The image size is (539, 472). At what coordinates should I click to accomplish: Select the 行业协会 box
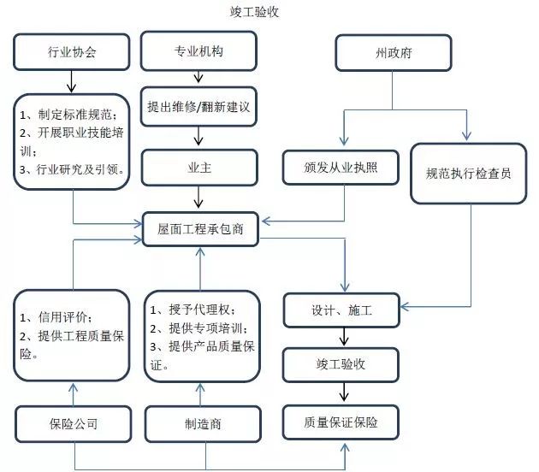[73, 52]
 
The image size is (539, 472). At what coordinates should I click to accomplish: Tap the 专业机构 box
[198, 51]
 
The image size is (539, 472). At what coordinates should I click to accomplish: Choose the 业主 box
[198, 168]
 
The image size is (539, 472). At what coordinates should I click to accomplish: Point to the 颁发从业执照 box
[341, 168]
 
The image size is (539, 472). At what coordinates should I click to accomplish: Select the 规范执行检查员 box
[468, 174]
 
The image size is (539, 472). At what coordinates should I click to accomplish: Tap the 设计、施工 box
[341, 310]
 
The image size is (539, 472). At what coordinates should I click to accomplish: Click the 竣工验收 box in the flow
[341, 364]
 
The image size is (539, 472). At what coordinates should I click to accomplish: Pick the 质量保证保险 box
[341, 422]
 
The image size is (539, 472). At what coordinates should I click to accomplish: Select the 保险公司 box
[73, 422]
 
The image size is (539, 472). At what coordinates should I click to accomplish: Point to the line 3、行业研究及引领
[73, 169]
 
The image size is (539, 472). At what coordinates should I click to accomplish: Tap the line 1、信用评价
[56, 317]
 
